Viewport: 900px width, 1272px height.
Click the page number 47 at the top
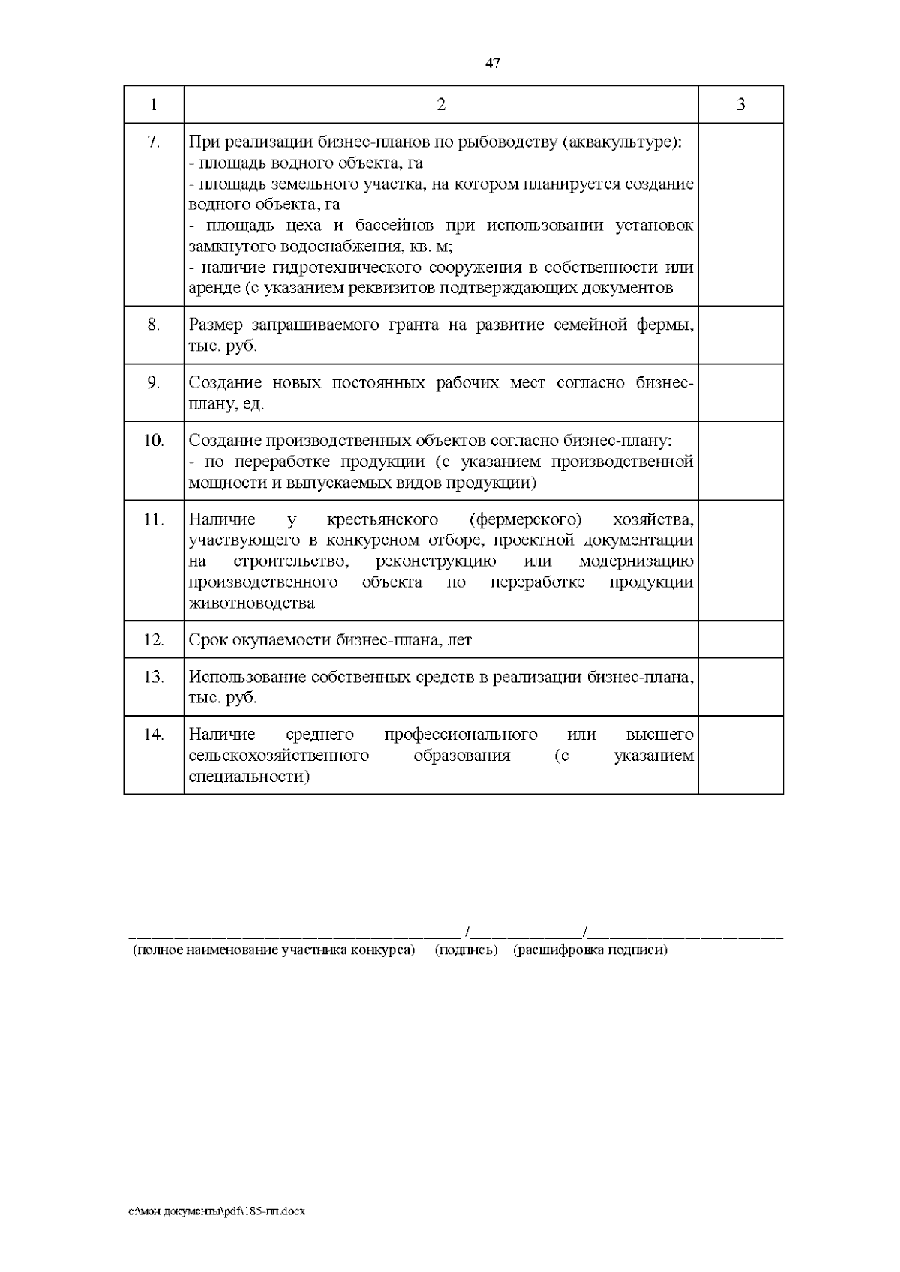pos(492,64)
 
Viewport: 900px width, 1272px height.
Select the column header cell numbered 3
pos(740,105)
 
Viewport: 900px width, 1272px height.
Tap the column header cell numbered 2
pos(441,105)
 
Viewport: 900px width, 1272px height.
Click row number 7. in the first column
pos(154,142)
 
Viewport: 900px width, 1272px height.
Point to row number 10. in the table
pos(154,441)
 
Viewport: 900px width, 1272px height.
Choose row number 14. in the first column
pos(154,735)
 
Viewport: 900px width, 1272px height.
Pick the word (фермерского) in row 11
pos(525,519)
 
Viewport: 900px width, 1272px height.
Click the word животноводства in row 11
pos(251,603)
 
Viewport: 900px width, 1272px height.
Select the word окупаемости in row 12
pos(280,640)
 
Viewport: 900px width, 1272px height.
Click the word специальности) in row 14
pos(249,777)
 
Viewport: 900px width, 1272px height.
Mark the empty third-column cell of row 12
pos(740,640)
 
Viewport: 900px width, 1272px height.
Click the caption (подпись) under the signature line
pos(466,950)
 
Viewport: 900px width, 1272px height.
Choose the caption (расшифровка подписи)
pos(590,950)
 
